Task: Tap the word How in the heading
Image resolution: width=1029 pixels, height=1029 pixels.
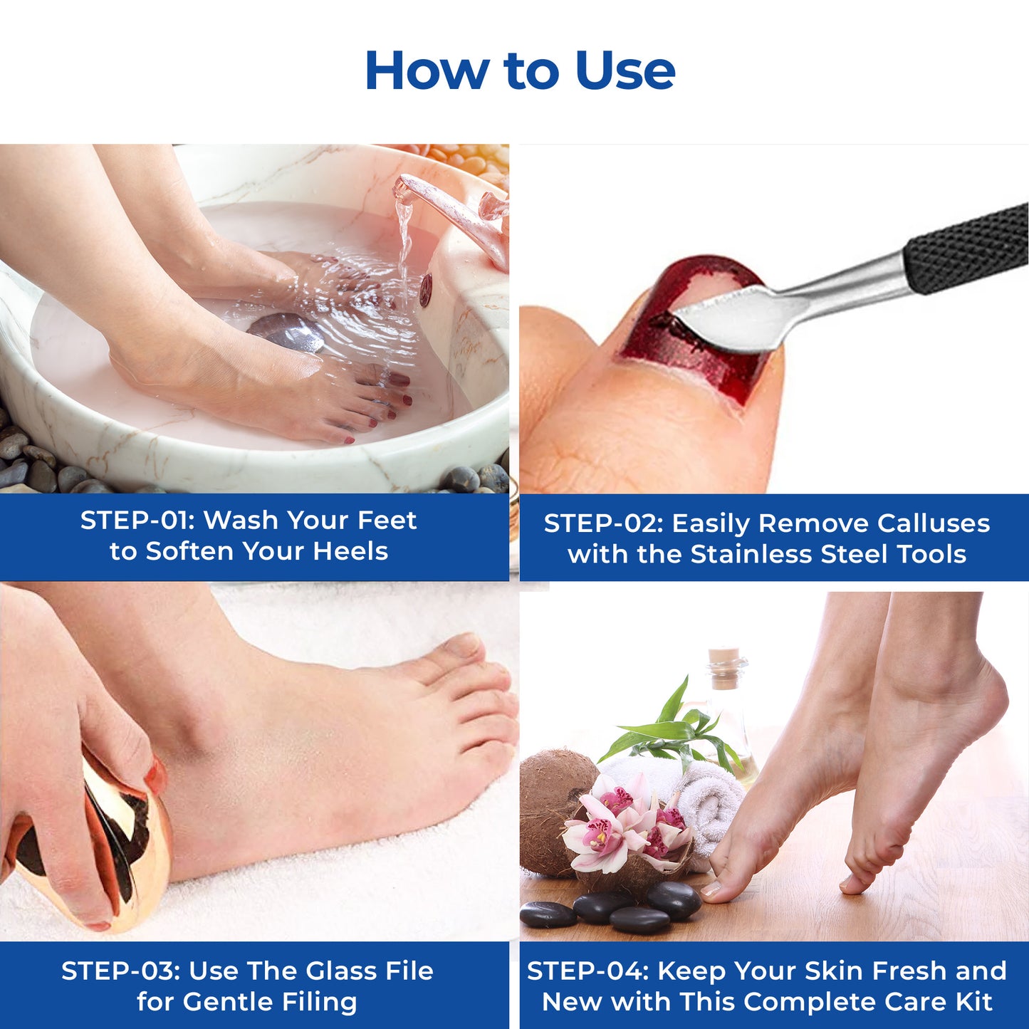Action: [x=427, y=70]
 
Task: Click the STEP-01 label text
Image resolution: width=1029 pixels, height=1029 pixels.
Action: [x=137, y=520]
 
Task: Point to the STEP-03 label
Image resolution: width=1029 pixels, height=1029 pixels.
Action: [x=120, y=970]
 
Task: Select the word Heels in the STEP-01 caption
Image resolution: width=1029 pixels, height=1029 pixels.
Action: [x=350, y=551]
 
